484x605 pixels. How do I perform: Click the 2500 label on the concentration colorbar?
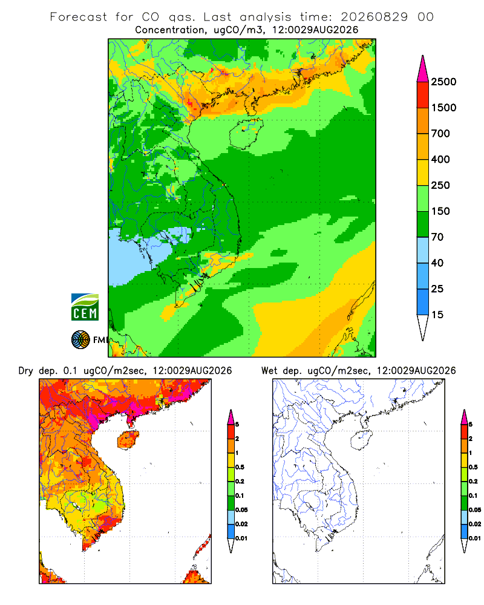click(443, 82)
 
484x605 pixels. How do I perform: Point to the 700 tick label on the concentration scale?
click(440, 134)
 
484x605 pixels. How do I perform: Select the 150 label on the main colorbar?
click(440, 211)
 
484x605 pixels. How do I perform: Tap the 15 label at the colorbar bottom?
click(437, 315)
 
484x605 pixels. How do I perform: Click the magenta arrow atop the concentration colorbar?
click(423, 70)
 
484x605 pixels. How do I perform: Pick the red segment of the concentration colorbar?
click(423, 95)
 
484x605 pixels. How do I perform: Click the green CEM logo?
click(85, 307)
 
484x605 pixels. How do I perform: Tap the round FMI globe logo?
click(80, 340)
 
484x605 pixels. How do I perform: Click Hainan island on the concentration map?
click(246, 134)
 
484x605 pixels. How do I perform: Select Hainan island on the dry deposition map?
click(128, 440)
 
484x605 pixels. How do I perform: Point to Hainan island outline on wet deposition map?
click(362, 440)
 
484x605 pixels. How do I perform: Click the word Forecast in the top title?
click(79, 17)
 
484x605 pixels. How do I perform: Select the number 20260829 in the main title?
click(374, 17)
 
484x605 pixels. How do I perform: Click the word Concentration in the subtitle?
click(170, 30)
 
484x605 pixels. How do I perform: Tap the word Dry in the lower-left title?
click(26, 371)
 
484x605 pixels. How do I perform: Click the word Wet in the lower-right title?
click(269, 371)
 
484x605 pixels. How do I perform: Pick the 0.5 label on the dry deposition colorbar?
click(240, 467)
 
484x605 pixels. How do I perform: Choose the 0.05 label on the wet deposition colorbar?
click(475, 509)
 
